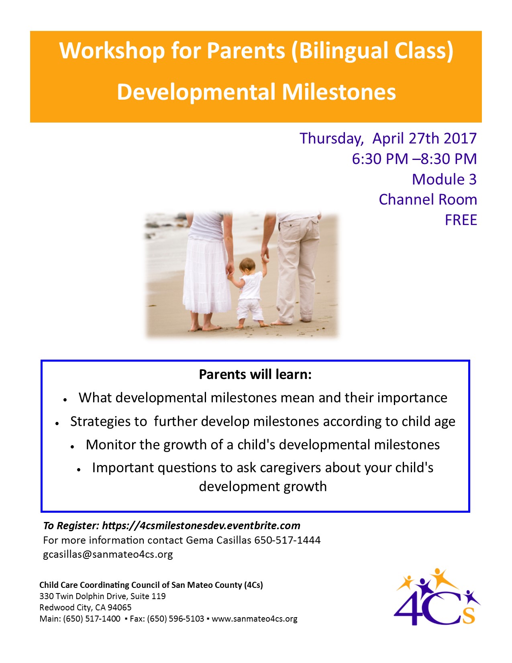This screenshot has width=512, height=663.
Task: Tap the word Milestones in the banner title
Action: tap(339, 92)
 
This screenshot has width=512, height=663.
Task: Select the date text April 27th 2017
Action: tap(424, 139)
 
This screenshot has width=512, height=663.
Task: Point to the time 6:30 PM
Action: tap(380, 159)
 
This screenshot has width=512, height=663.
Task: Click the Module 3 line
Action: tap(444, 179)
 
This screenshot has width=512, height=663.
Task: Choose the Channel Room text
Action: tap(428, 200)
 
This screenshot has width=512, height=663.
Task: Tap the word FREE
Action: tap(461, 220)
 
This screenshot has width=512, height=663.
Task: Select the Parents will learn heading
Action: tap(255, 374)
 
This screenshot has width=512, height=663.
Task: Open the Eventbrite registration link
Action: tap(201, 526)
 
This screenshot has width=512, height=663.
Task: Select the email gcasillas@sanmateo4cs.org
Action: tap(108, 554)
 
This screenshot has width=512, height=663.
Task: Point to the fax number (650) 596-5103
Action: tap(175, 619)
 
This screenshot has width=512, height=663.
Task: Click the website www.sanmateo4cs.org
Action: tap(254, 619)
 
